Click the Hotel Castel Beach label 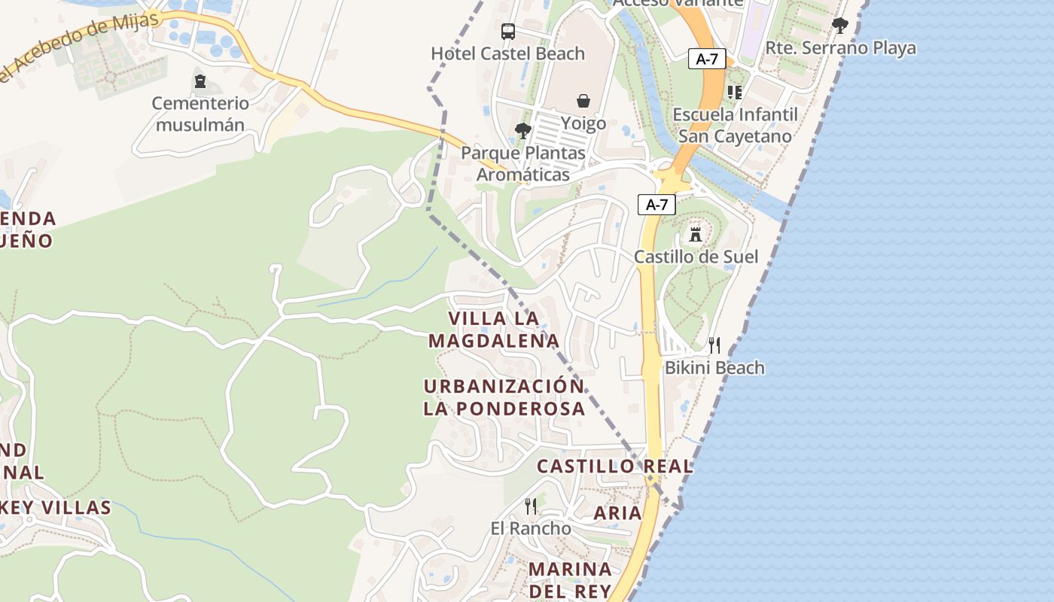(507, 53)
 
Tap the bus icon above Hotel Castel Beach (508, 32)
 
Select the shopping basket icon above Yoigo (583, 101)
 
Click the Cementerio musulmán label (200, 114)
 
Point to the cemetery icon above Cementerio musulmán (200, 81)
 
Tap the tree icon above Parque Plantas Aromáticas (522, 131)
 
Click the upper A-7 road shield (707, 59)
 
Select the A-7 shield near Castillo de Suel (656, 204)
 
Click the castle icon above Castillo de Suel (696, 233)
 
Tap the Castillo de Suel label (696, 257)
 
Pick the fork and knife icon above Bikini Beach (714, 345)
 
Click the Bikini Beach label (714, 368)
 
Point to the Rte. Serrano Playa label (840, 48)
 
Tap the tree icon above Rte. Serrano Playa (840, 26)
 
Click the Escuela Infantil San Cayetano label (735, 125)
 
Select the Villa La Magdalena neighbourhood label (494, 330)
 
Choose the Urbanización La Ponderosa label (504, 397)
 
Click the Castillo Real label (614, 466)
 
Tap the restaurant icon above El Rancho (531, 506)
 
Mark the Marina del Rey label (570, 579)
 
